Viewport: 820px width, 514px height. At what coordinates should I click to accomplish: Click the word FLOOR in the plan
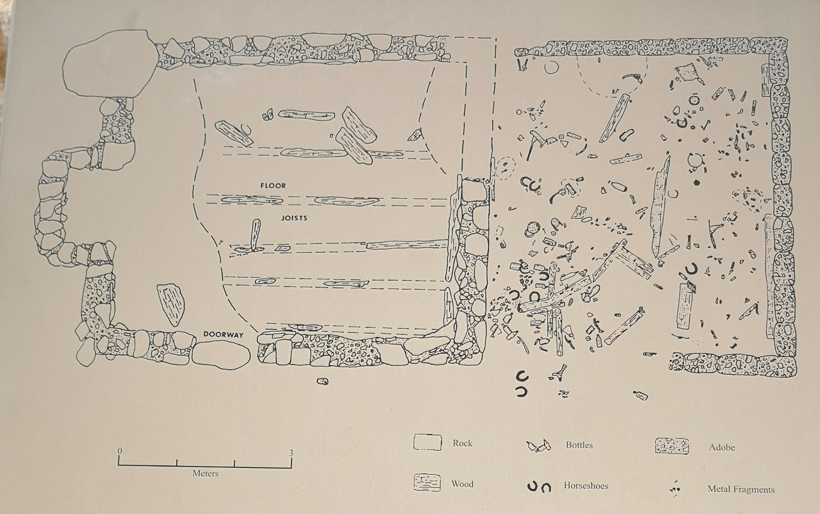click(273, 185)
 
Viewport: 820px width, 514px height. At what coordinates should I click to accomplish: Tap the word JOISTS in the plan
click(294, 218)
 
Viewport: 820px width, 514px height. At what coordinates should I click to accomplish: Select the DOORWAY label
click(223, 334)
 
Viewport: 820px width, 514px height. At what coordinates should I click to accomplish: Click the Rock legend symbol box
click(427, 442)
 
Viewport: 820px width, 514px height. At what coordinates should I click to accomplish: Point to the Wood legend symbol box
click(426, 483)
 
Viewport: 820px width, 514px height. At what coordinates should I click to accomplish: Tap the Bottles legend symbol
click(539, 446)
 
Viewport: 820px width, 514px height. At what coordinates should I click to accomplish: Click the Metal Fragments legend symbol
click(675, 489)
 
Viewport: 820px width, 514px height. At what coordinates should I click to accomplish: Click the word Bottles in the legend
click(579, 445)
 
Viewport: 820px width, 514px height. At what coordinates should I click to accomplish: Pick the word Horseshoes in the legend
click(586, 486)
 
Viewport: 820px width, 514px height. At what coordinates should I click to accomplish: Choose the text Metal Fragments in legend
click(741, 489)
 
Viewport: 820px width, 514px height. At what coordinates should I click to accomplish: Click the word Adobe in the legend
click(722, 447)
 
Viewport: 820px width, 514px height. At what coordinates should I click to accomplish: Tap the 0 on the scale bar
click(120, 451)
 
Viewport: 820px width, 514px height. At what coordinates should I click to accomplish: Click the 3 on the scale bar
click(291, 453)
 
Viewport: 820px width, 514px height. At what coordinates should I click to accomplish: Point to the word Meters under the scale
click(206, 473)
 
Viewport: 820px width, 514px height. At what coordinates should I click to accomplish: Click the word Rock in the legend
click(462, 443)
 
